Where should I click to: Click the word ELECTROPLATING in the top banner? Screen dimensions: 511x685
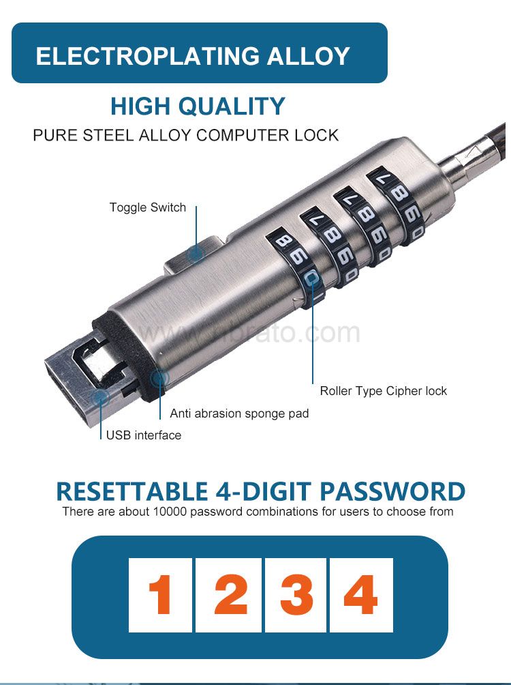(x=147, y=56)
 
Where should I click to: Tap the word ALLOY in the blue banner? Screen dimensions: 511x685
(x=309, y=56)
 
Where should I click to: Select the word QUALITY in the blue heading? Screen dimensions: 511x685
(x=232, y=106)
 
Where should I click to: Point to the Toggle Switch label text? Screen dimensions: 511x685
(x=147, y=207)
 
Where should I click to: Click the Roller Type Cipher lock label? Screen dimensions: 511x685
(x=384, y=391)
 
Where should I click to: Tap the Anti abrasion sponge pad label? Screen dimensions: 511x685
(x=239, y=413)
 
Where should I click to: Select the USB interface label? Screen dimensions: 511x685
(x=144, y=435)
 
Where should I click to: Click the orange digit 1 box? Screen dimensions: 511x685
(x=160, y=595)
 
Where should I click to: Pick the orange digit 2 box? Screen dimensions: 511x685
(x=228, y=595)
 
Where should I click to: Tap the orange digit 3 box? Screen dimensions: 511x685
(x=296, y=595)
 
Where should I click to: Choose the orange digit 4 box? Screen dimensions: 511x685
(x=361, y=595)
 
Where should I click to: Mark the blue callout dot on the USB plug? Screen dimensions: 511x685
(x=102, y=398)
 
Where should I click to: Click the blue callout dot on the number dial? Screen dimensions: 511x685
(x=311, y=278)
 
